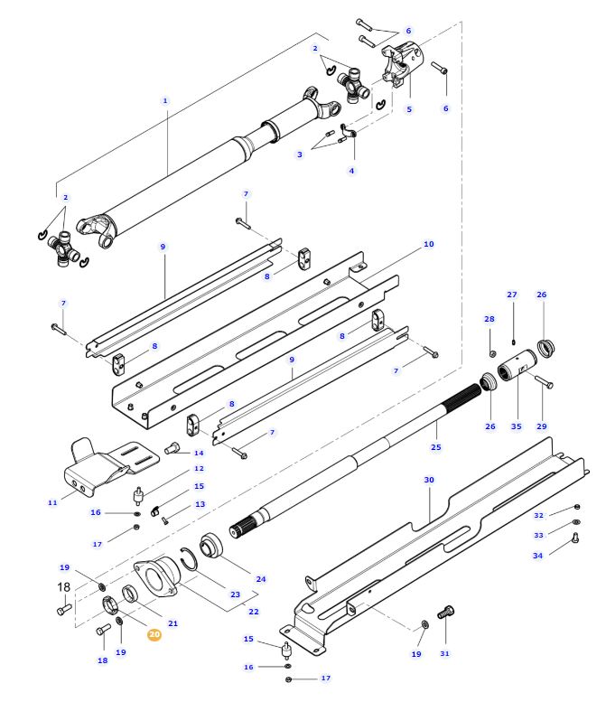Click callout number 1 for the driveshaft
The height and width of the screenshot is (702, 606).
165,100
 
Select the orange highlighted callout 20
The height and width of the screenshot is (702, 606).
154,635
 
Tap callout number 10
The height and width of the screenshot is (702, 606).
428,244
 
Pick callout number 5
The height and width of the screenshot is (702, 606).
409,109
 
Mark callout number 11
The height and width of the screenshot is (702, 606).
52,501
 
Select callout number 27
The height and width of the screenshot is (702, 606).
512,295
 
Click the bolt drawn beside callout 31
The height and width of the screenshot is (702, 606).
443,613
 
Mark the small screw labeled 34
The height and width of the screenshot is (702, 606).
575,540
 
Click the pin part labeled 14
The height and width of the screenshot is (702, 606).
174,446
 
